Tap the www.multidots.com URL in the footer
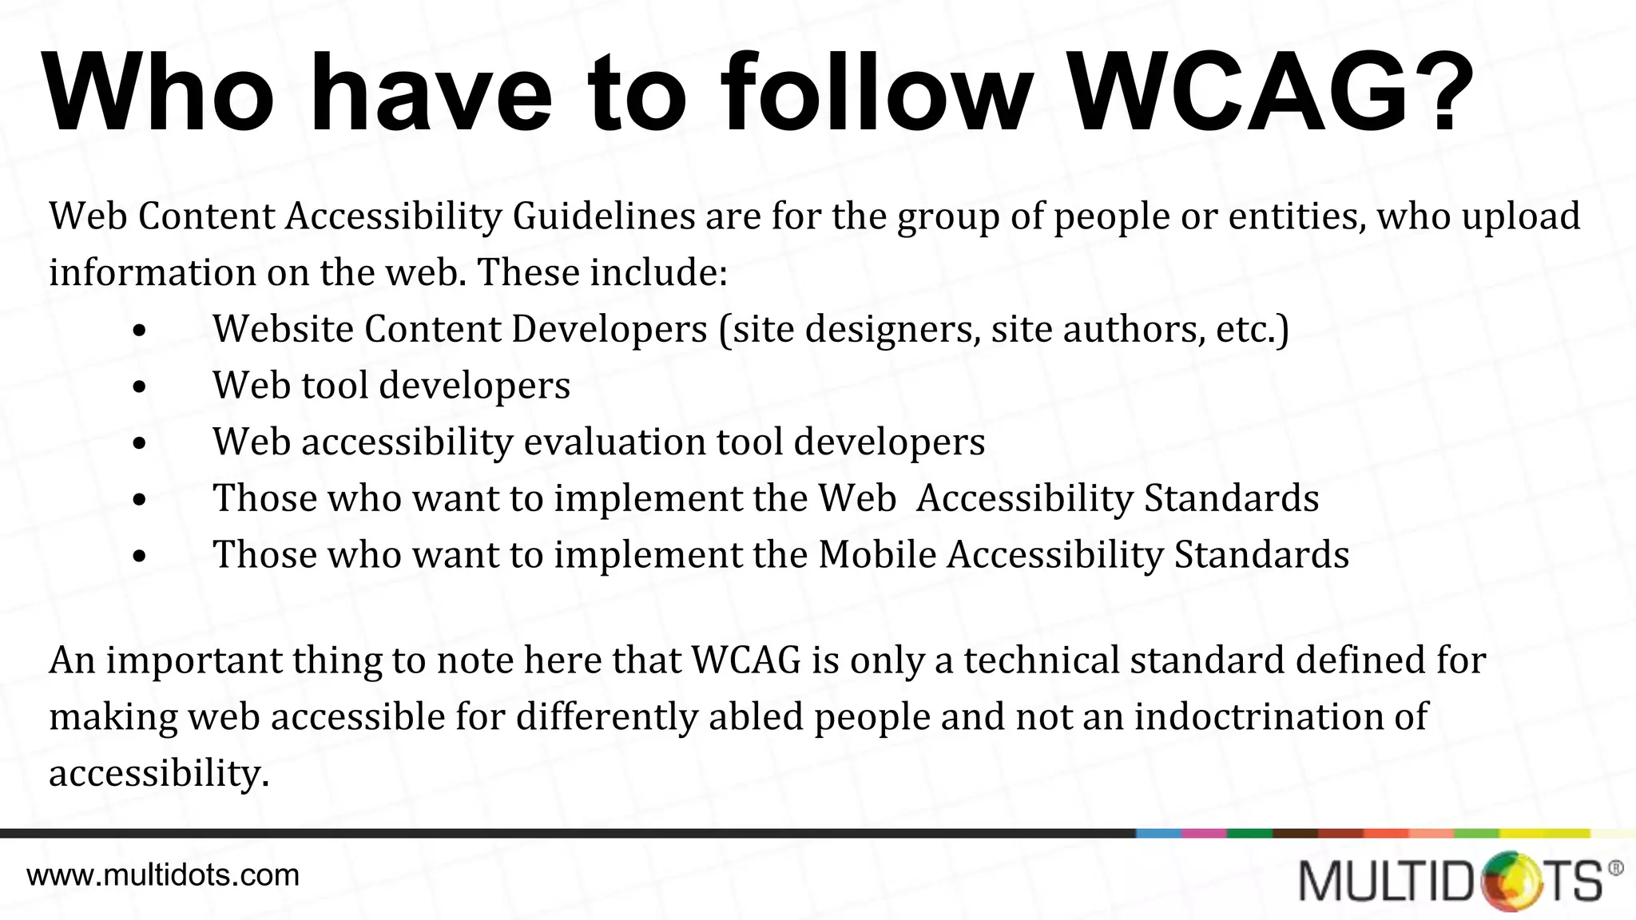(x=163, y=875)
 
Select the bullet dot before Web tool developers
(x=140, y=387)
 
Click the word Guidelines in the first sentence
(x=604, y=216)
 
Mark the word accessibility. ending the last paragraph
(x=159, y=773)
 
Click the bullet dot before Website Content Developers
(x=140, y=331)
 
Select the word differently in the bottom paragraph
(x=606, y=716)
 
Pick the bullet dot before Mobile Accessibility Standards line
(x=140, y=557)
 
